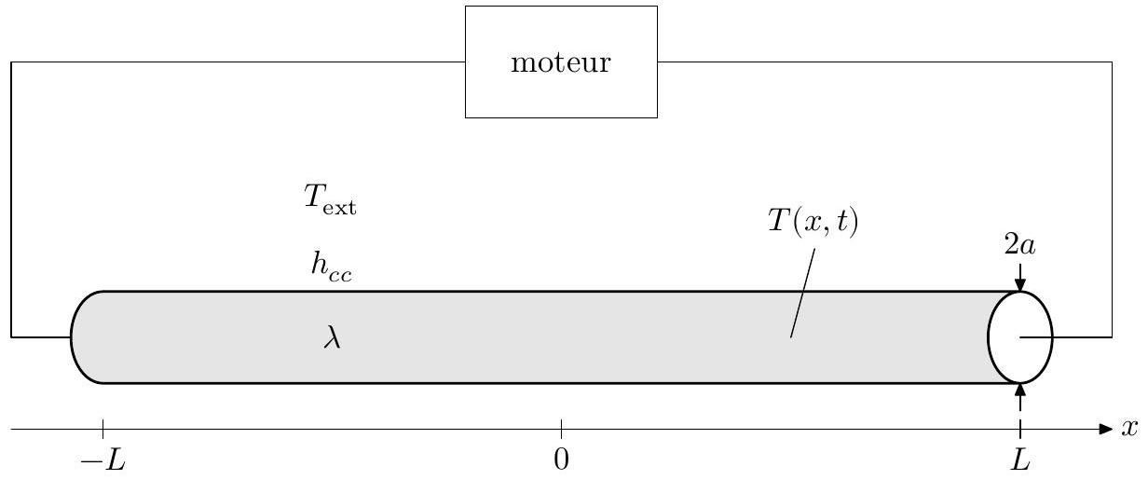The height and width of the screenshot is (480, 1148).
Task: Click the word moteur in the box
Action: (561, 63)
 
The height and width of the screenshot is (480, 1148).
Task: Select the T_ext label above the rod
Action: (331, 204)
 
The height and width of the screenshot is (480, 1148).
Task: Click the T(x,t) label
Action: (813, 225)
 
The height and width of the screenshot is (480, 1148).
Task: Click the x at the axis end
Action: (1131, 429)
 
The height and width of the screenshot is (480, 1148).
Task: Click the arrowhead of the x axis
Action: (1106, 430)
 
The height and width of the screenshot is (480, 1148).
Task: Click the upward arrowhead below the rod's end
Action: (1020, 391)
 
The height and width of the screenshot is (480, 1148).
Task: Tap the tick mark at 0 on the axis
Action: (561, 430)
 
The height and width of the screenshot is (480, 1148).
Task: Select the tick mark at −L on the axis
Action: (102, 430)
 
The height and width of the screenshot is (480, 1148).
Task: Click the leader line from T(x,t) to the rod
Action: (803, 294)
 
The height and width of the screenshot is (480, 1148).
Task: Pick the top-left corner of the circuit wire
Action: (11, 62)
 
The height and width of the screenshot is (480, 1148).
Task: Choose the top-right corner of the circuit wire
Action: (1112, 62)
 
